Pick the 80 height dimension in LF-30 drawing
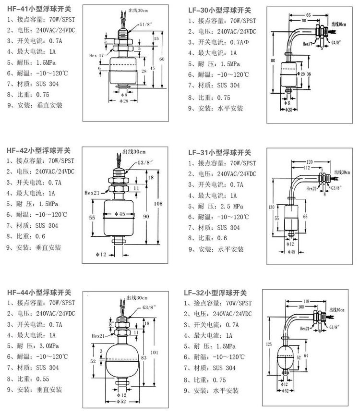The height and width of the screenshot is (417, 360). tap(272, 61)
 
